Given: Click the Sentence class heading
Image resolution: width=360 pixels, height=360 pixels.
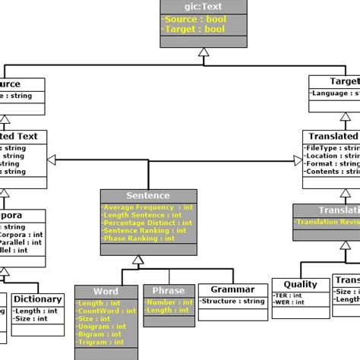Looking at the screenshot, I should (148, 195).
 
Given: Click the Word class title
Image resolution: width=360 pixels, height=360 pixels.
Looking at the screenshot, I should (106, 291).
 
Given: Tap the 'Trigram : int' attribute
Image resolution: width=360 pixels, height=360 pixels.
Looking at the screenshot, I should (99, 341).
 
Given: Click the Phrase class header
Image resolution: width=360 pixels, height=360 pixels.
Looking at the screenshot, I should (168, 291).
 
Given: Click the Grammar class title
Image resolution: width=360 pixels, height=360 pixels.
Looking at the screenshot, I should (232, 289).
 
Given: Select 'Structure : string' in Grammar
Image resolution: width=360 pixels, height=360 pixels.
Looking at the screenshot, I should (232, 302).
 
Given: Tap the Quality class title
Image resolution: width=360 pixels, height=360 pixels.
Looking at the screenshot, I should (300, 284).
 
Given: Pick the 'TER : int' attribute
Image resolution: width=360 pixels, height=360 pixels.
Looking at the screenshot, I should (289, 295).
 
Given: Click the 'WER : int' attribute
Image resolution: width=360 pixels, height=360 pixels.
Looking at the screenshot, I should (289, 303).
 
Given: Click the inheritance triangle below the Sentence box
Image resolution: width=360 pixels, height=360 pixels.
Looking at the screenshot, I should (137, 260).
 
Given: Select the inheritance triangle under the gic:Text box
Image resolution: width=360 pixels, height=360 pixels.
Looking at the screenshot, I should (202, 52).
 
